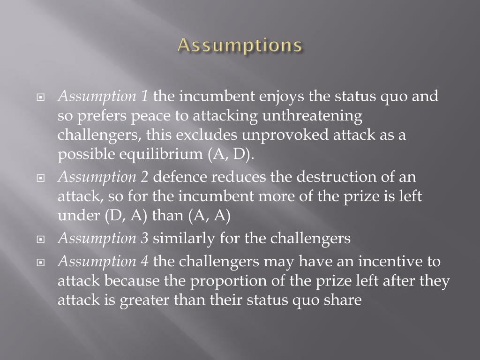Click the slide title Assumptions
240,45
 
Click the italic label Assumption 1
103,97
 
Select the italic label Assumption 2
103,177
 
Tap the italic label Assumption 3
103,238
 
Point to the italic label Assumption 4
103,261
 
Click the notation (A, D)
230,155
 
